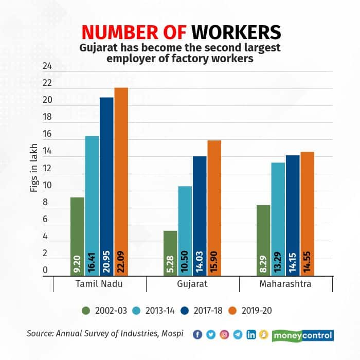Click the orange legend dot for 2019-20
click(238, 310)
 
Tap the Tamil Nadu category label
click(99, 283)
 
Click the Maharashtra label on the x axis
click(285, 283)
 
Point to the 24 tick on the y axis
click(47, 66)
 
